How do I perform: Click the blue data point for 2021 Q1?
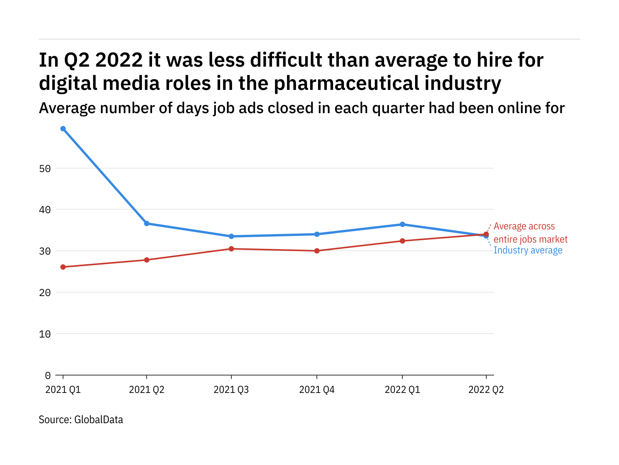(63, 129)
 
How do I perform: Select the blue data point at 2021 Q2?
(147, 224)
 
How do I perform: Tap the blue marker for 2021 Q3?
(231, 236)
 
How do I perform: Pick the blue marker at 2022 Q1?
(402, 224)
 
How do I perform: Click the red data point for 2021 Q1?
(63, 267)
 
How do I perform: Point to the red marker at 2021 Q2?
(147, 260)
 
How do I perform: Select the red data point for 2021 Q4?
(317, 251)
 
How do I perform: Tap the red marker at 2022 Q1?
(402, 241)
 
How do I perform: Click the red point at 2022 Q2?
(486, 234)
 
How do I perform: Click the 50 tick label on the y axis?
(45, 169)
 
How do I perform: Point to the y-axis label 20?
(45, 293)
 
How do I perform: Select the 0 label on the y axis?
(48, 375)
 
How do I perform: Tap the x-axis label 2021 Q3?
(231, 390)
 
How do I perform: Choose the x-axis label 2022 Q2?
(486, 390)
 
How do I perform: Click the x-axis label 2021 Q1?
(63, 390)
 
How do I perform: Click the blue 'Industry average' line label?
(528, 250)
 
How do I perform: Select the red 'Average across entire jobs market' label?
(530, 233)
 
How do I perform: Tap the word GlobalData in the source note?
(99, 420)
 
